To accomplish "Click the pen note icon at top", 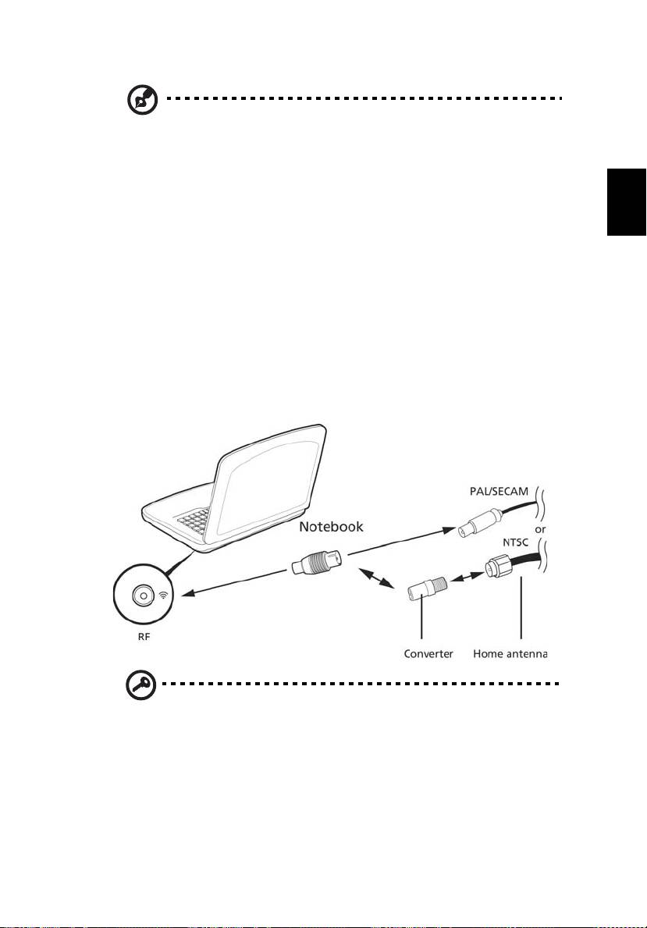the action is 143,100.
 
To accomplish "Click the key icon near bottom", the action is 141,686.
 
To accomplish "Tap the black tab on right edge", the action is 626,202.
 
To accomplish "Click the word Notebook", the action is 331,526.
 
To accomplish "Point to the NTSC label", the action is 516,542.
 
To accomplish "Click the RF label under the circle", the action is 144,637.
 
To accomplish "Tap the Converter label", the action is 428,654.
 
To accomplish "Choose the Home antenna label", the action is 510,654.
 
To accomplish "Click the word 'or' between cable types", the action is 540,530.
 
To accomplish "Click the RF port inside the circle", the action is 141,596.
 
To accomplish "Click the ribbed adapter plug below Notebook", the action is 318,562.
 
